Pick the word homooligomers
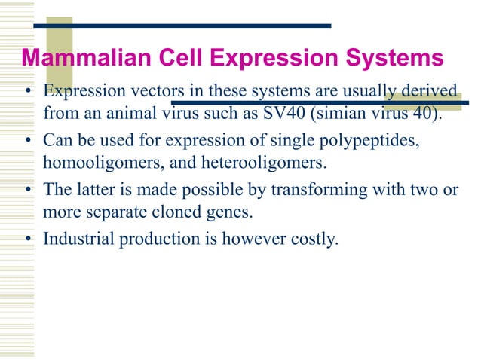point(96,163)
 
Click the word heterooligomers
point(244,163)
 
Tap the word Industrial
point(78,239)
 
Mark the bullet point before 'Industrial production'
point(27,241)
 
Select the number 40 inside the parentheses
point(424,114)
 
